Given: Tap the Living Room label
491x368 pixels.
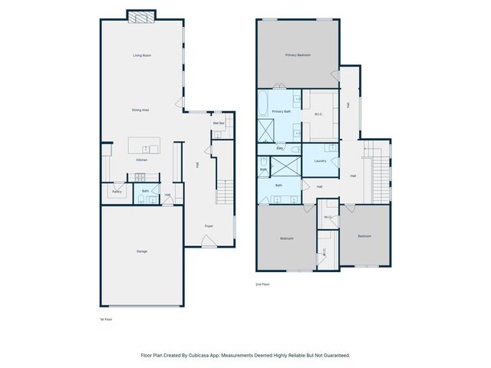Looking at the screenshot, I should (x=141, y=55).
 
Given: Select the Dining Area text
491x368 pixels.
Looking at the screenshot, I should (x=140, y=110).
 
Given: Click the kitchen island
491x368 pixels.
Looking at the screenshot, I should (x=143, y=146).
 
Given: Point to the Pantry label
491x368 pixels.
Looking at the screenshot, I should (x=117, y=192).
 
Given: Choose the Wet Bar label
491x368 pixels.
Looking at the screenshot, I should (x=218, y=123).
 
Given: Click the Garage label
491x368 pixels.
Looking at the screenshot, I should (x=142, y=251).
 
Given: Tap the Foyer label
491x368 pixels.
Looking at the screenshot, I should (x=208, y=226).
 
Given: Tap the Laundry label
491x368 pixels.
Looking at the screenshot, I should (x=321, y=160).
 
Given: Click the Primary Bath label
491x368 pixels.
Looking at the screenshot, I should (x=282, y=111).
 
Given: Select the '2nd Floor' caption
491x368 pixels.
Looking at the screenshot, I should (x=263, y=284).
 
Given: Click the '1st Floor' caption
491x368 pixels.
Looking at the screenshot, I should (x=106, y=319).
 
